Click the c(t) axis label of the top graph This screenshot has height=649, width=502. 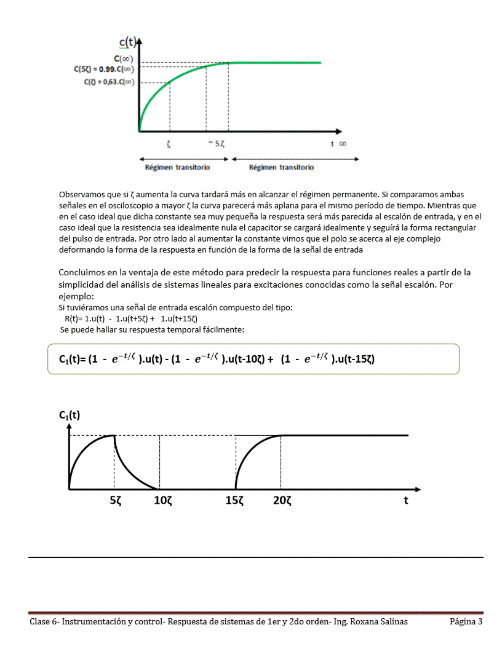coord(127,42)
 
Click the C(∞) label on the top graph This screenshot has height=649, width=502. coord(124,59)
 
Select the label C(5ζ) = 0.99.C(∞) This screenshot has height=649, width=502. coord(104,70)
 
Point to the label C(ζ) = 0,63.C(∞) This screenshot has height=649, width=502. coord(109,82)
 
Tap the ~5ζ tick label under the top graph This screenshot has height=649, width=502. coord(215,143)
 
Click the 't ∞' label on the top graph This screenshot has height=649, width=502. coord(338,143)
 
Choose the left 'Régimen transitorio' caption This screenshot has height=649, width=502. coord(177,167)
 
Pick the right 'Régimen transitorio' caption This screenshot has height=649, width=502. coord(281,167)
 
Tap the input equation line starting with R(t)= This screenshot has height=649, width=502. coord(130,318)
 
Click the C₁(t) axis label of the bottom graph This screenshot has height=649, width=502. coord(70,415)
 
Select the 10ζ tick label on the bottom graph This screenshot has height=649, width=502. coord(162,501)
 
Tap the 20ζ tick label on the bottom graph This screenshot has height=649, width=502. coord(282,501)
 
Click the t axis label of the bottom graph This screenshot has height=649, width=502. coord(405,500)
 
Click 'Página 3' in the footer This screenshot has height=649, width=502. coord(466,622)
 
